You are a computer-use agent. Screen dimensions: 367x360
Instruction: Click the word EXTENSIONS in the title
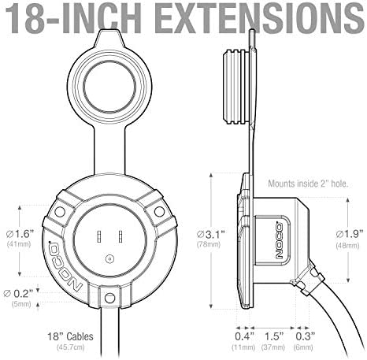261,17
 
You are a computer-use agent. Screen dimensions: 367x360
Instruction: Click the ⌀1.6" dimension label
20,233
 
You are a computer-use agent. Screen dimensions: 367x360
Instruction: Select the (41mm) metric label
19,244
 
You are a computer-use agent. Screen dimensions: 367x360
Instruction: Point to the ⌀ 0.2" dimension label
19,293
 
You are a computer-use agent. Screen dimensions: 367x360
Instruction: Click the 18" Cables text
70,336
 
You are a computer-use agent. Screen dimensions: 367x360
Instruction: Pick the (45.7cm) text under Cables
71,347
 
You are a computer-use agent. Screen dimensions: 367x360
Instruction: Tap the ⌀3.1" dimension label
211,234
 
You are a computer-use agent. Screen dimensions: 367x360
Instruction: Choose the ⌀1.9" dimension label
350,234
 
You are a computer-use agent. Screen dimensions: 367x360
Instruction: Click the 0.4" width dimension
244,336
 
